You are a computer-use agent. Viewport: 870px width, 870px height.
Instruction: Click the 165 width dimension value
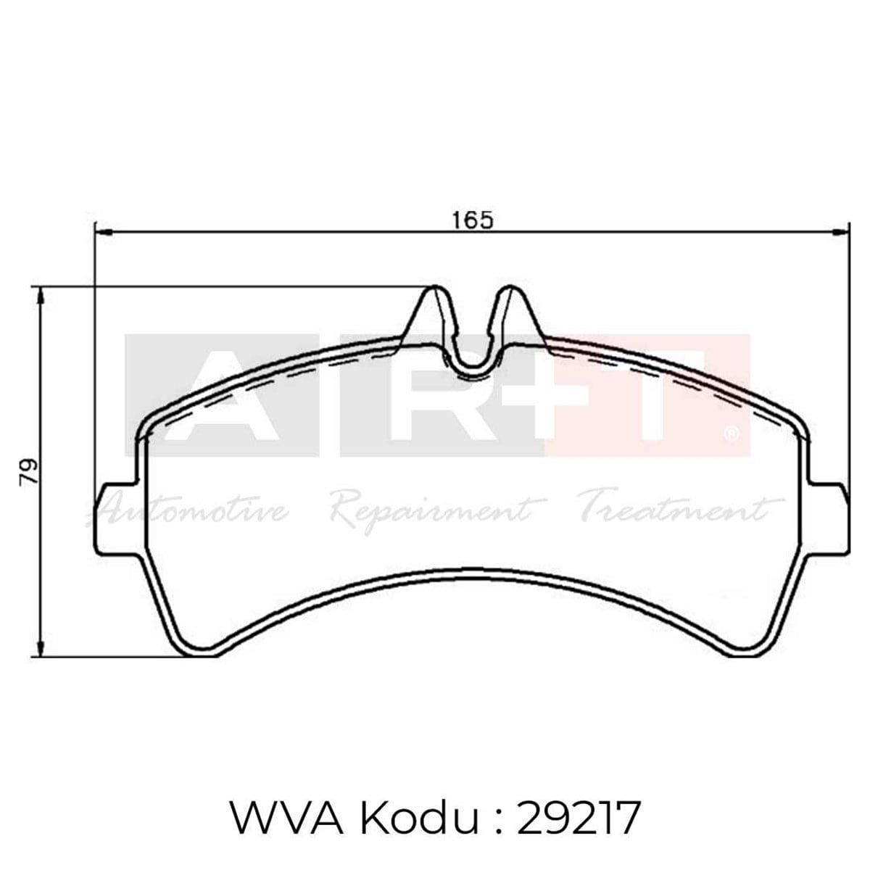pos(473,218)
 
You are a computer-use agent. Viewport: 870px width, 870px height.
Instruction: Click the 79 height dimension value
pos(30,473)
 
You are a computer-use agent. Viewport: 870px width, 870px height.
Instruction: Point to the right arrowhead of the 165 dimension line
pos(841,233)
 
